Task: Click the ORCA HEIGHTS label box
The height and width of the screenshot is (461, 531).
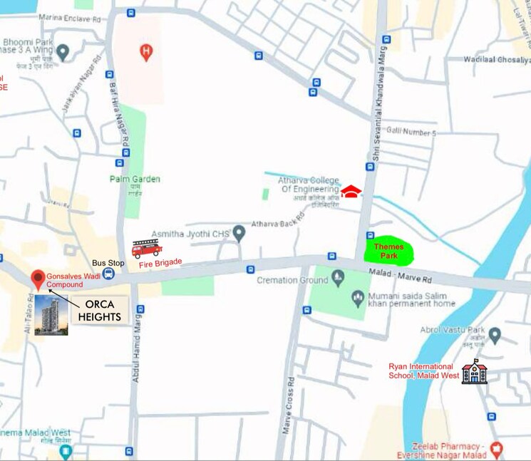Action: tap(100, 311)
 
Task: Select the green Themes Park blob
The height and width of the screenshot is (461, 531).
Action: tap(388, 251)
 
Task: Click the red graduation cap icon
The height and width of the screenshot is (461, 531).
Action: tap(351, 191)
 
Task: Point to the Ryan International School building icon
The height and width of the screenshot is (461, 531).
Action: tap(474, 371)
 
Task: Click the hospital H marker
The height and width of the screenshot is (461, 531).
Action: tap(146, 51)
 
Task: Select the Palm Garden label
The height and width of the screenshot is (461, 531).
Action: tap(135, 179)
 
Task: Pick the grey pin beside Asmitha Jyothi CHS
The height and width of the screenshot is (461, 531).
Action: tap(239, 232)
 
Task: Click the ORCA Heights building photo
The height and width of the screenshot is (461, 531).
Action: tap(51, 315)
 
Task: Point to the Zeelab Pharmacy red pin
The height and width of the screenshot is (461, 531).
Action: tap(497, 449)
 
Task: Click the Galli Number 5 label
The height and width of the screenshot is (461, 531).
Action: tap(411, 133)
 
